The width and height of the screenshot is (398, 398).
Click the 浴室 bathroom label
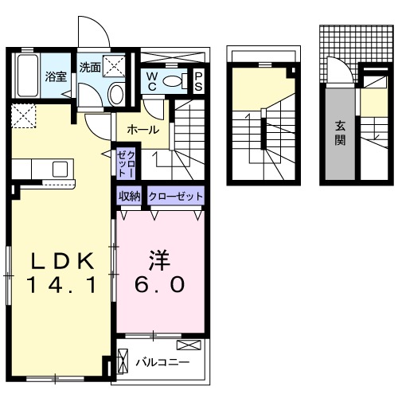pos(55,77)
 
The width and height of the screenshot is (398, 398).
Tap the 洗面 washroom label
pos(89,68)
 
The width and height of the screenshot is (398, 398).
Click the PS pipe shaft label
pos(198,80)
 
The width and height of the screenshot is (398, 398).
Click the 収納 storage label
pos(130,196)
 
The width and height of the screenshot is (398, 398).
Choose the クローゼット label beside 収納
pos(175,196)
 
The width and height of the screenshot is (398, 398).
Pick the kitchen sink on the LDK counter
pos(60,169)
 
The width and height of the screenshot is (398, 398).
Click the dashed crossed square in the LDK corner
pos(23,118)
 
